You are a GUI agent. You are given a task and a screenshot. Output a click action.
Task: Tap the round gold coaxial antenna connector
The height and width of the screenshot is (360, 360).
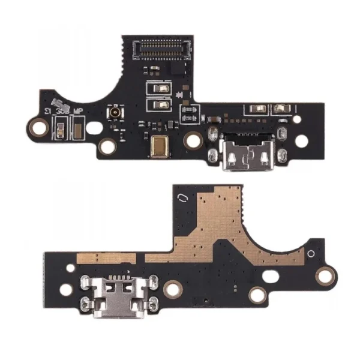pyautogui.click(x=112, y=113)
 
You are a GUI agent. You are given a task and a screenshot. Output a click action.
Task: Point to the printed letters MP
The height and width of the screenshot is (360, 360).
pyautogui.click(x=77, y=112)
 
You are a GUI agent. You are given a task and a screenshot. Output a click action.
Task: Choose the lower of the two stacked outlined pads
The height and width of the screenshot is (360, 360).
pyautogui.click(x=159, y=105)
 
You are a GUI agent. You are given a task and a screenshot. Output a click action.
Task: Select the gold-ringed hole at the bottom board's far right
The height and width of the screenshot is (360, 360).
pyautogui.click(x=324, y=275)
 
